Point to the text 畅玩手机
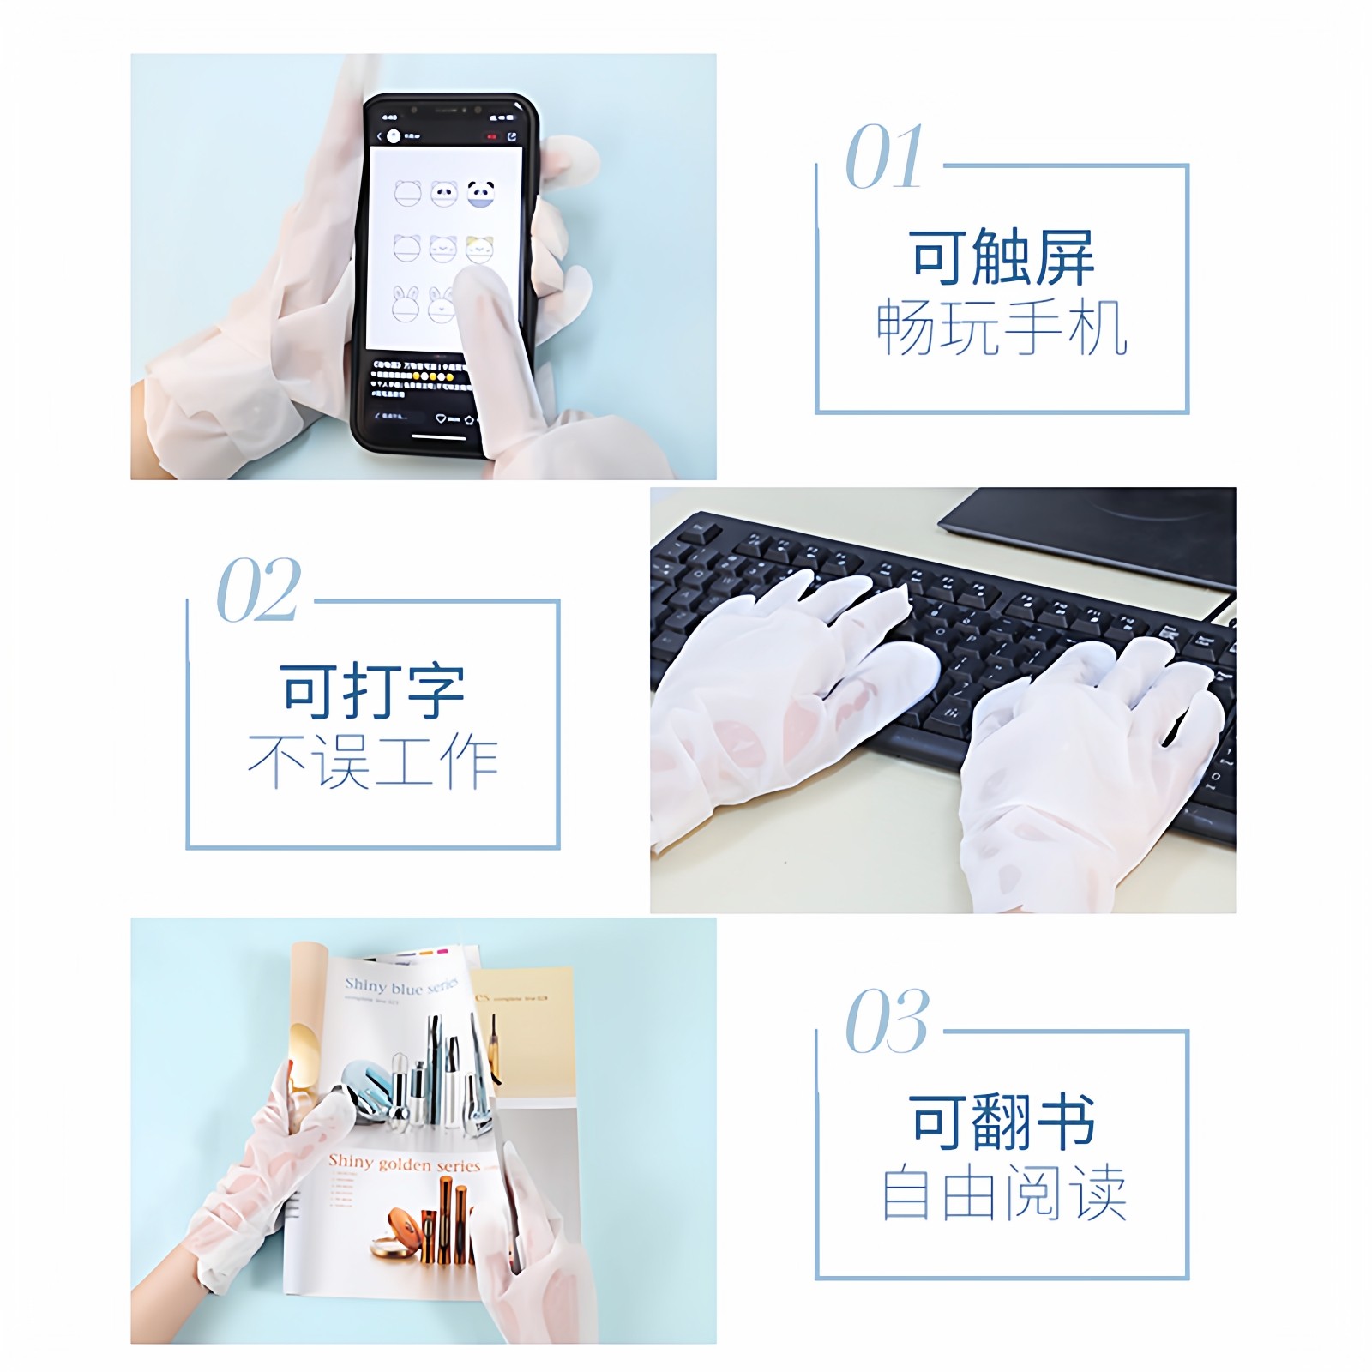pyautogui.click(x=1002, y=328)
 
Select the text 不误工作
pyautogui.click(x=372, y=761)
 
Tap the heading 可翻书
pyautogui.click(x=1002, y=1122)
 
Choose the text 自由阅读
pyautogui.click(x=1002, y=1192)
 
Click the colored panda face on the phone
pyautogui.click(x=481, y=194)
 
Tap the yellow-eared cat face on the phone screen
pyautogui.click(x=479, y=249)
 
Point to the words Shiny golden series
pyautogui.click(x=405, y=1164)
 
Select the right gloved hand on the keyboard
pyautogui.click(x=1089, y=755)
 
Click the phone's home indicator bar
pyautogui.click(x=440, y=436)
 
